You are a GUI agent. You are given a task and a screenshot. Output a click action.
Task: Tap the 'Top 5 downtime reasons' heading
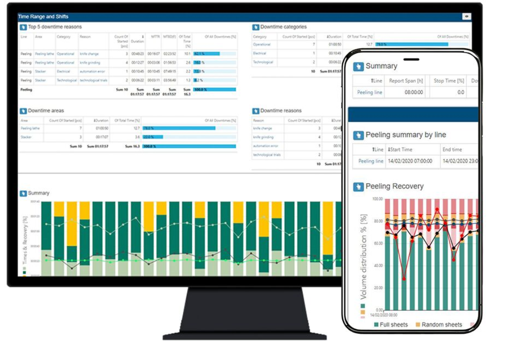(x=55, y=27)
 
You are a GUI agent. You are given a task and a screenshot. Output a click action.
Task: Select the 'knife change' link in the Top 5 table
(x=89, y=54)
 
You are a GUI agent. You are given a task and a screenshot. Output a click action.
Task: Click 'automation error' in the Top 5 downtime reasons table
(x=92, y=72)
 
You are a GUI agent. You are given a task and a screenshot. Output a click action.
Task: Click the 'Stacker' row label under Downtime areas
(x=26, y=137)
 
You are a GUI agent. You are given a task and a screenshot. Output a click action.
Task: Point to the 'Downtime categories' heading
(x=283, y=27)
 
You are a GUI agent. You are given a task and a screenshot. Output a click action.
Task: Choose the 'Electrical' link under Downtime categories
(x=260, y=53)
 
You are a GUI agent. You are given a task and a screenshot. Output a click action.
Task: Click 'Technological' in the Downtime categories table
(x=263, y=62)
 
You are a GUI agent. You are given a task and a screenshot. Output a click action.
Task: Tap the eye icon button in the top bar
(x=467, y=17)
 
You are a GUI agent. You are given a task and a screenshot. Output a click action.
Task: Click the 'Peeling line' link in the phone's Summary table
(x=369, y=92)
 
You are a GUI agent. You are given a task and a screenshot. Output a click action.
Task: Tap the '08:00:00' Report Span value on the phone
(x=414, y=92)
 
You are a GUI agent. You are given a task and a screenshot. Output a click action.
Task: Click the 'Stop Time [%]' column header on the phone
(x=449, y=80)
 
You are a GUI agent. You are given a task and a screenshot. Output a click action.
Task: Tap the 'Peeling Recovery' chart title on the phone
(x=394, y=186)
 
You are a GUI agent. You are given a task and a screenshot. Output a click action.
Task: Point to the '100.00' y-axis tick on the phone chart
(x=377, y=199)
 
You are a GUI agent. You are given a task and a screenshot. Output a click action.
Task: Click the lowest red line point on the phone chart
(x=404, y=279)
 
